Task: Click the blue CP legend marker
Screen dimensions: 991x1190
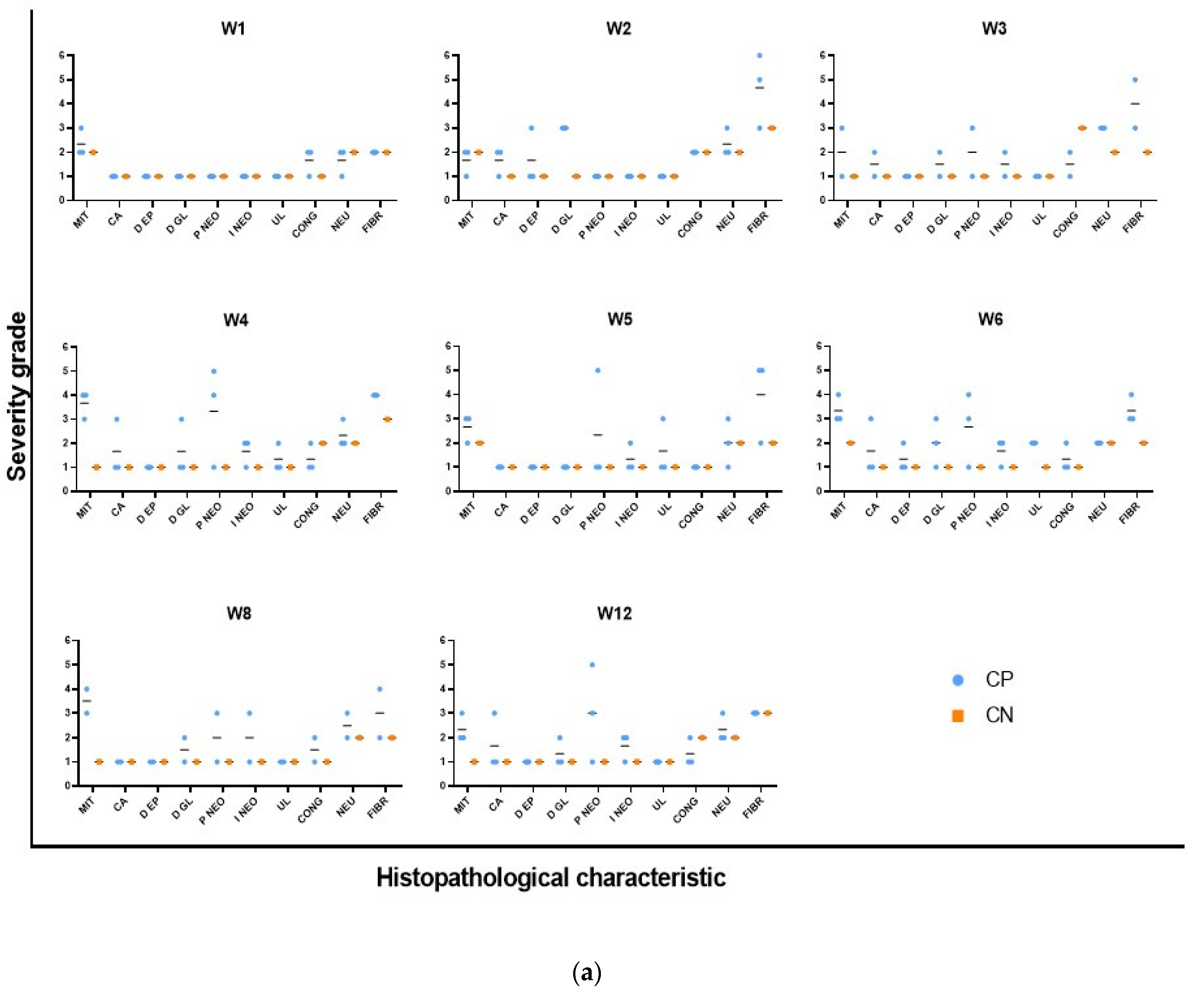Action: (x=958, y=680)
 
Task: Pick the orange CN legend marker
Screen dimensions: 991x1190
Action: (x=958, y=715)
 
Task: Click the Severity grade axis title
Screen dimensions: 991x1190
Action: (x=17, y=396)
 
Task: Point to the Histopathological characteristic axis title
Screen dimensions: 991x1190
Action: (x=551, y=878)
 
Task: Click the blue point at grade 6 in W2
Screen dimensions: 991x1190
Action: (x=759, y=56)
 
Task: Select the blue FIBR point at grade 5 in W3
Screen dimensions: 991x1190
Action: (x=1135, y=80)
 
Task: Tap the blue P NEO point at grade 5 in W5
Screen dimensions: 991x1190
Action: (x=597, y=370)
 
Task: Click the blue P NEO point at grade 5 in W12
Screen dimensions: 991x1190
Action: (x=592, y=665)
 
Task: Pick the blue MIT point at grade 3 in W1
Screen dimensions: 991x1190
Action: (x=81, y=128)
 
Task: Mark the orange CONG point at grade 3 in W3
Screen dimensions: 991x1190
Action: (x=1082, y=128)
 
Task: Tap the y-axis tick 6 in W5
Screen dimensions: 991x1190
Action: (x=448, y=346)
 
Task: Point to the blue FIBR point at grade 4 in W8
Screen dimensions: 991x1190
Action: (x=380, y=689)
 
